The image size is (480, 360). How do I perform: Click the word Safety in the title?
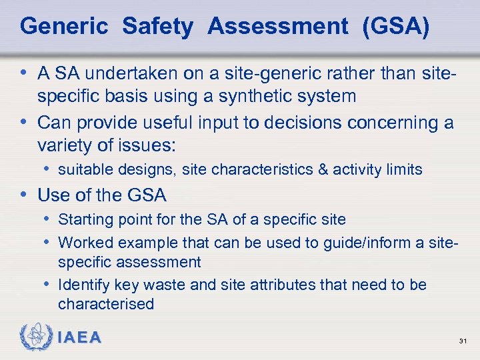157,27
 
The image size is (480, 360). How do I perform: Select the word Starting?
83,219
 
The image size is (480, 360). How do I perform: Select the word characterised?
106,305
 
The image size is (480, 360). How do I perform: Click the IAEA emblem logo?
34,337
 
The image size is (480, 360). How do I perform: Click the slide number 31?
462,341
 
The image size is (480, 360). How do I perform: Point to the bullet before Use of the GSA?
25,195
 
